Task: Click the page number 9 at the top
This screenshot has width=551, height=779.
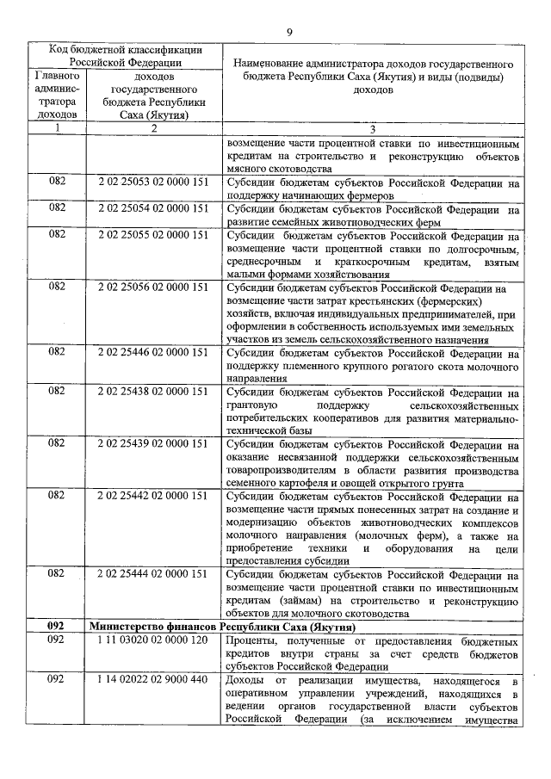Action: (x=289, y=32)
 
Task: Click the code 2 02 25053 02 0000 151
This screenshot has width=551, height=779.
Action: (x=153, y=182)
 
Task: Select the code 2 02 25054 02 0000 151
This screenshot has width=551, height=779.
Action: (x=153, y=207)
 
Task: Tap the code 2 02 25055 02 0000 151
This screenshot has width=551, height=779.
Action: (x=153, y=233)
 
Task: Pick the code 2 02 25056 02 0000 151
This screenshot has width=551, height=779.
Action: (x=153, y=286)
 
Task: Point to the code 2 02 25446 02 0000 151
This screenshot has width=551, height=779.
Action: (x=153, y=351)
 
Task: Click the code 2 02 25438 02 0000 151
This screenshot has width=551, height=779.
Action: (x=153, y=391)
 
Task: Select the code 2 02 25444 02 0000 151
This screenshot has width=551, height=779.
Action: (x=153, y=573)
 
